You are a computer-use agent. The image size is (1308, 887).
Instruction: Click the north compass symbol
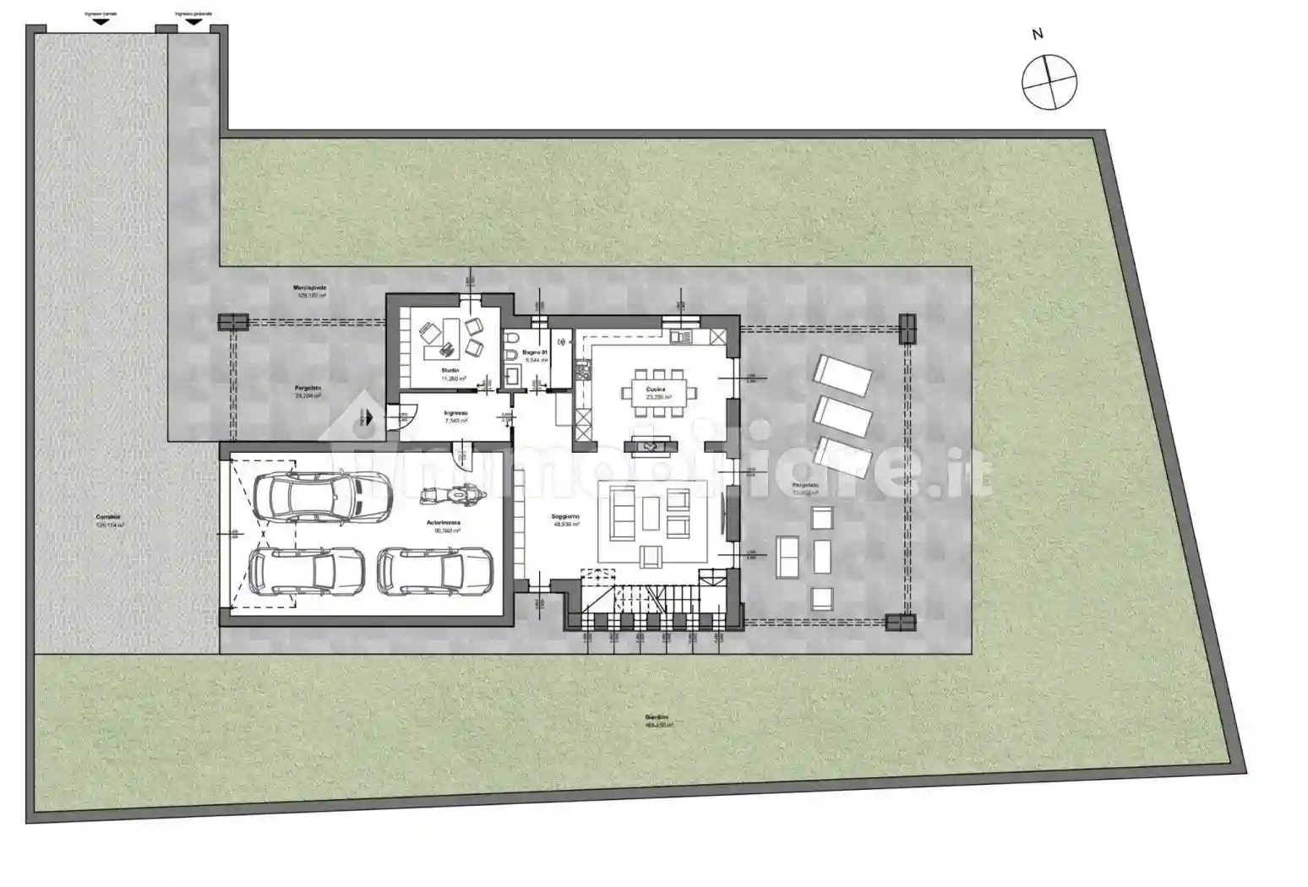[x=1049, y=82]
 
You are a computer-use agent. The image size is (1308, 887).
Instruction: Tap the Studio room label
[x=450, y=371]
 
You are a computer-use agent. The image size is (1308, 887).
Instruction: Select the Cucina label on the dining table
[x=656, y=390]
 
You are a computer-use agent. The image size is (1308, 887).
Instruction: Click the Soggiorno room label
[x=566, y=517]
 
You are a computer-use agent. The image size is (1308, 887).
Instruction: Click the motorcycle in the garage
[x=452, y=496]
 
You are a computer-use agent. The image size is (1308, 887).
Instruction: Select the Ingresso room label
[x=455, y=413]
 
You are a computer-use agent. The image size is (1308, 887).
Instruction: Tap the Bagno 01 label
[x=535, y=351]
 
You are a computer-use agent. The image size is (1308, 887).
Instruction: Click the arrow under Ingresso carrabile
[x=101, y=22]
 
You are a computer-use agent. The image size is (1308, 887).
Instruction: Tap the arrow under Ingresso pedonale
[x=193, y=22]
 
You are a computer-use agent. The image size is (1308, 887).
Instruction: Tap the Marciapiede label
[x=310, y=288]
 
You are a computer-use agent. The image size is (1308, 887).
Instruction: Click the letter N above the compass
[x=1038, y=34]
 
